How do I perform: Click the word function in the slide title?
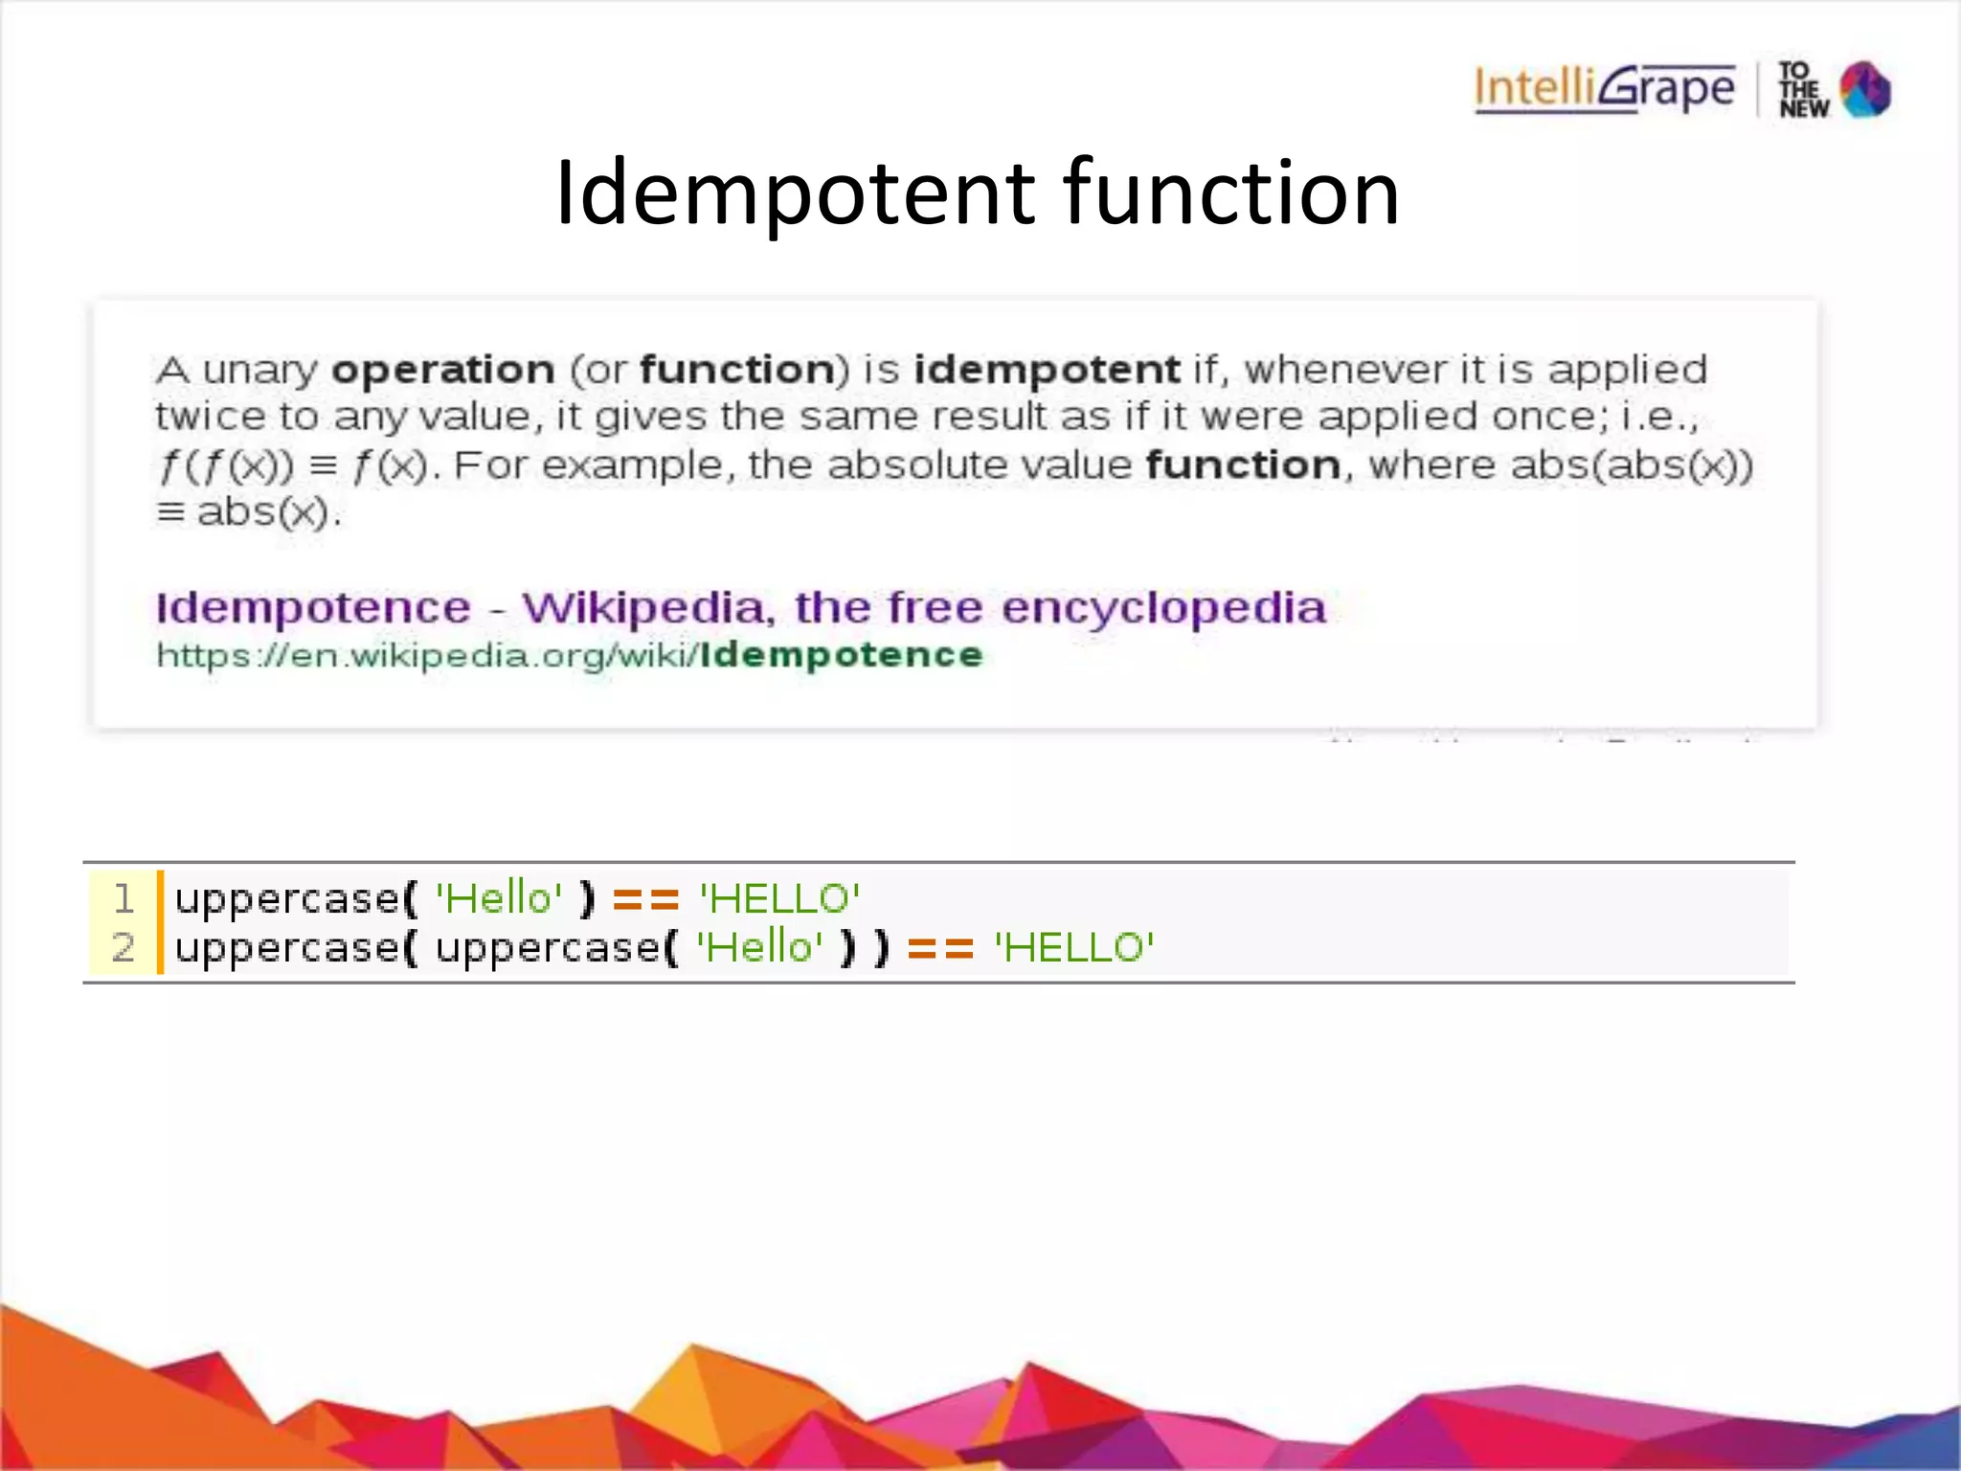pos(1231,193)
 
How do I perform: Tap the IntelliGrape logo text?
pos(1605,89)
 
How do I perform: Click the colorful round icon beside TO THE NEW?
pos(1865,90)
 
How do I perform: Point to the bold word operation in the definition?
pos(443,370)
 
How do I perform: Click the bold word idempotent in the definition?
pos(1047,370)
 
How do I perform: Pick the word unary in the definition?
pos(259,371)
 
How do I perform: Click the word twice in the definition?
pos(211,417)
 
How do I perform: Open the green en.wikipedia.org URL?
pos(570,655)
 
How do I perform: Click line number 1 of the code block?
pos(124,898)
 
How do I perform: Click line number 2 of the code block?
pos(124,948)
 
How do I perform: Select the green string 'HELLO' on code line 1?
pos(779,898)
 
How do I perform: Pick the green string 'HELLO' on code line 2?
pos(1074,948)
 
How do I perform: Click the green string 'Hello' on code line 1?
pos(499,898)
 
